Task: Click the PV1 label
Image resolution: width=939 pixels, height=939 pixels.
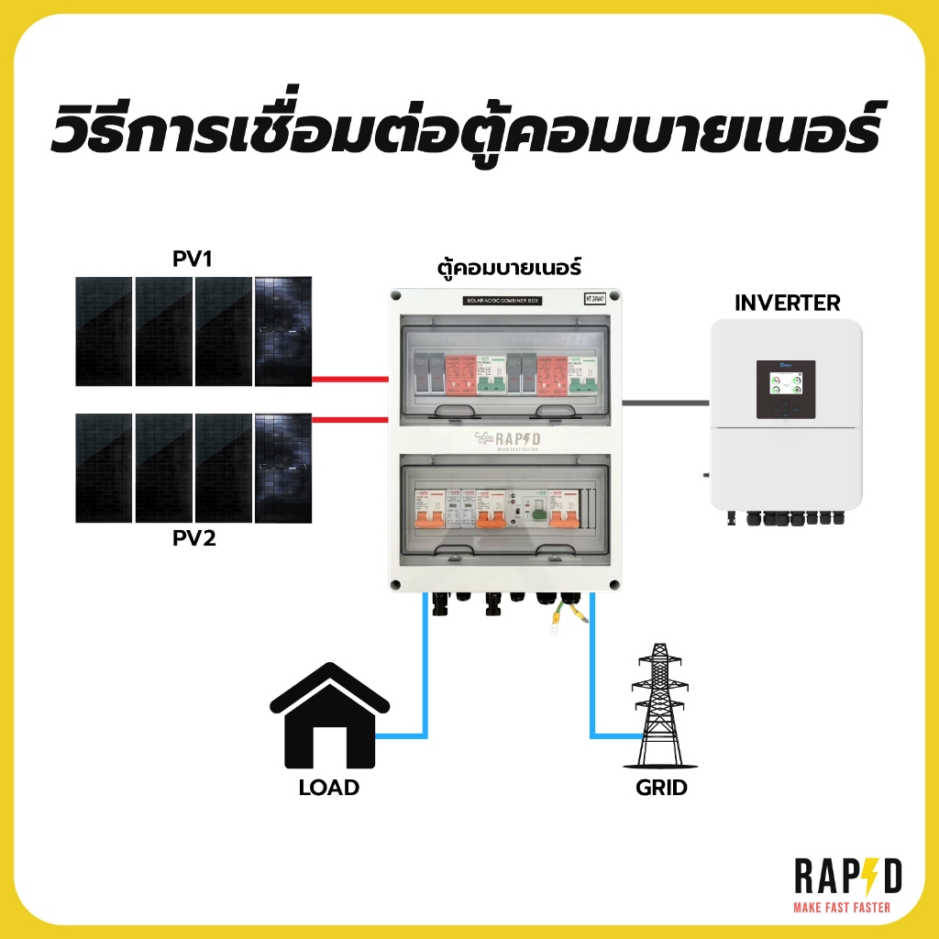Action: tap(193, 260)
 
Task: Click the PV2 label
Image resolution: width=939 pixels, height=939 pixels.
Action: tap(193, 538)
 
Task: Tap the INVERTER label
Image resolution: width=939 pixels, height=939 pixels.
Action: tap(788, 303)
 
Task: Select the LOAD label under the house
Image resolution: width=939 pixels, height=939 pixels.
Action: tap(329, 787)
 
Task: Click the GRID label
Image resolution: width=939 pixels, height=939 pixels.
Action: tap(661, 787)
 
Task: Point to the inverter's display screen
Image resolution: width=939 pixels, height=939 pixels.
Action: tap(786, 389)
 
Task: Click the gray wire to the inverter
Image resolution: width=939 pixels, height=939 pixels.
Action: tap(666, 402)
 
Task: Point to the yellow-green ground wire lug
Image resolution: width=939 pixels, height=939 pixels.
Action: tap(554, 628)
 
